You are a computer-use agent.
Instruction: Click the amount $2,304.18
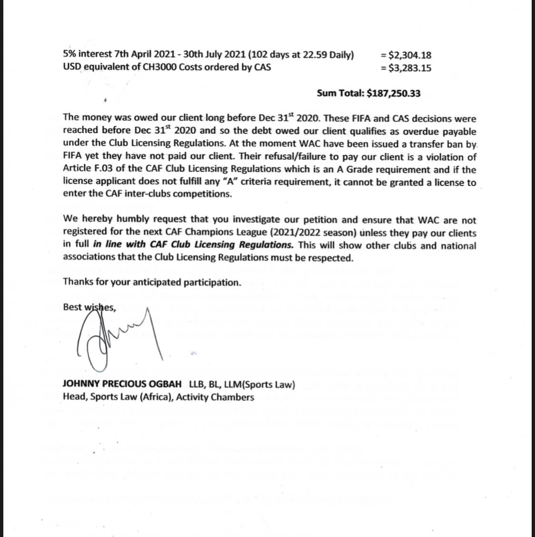tap(410, 55)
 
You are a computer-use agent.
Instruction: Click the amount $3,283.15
tap(410, 68)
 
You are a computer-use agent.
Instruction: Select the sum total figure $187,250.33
tap(394, 93)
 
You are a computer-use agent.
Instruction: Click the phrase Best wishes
tap(89, 307)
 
